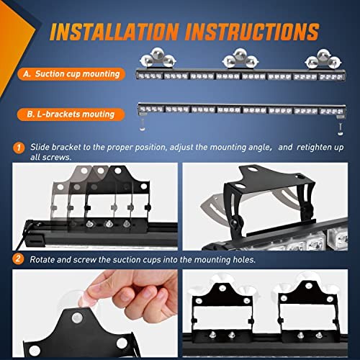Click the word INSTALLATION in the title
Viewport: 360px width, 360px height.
pos(116,32)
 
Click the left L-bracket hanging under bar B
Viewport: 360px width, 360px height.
pos(143,123)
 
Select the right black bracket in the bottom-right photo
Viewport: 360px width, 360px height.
pos(302,311)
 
